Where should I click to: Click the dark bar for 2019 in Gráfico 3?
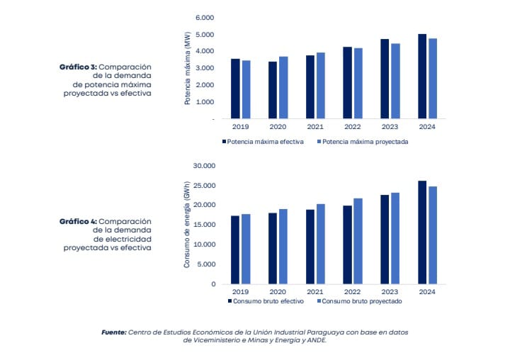coord(235,89)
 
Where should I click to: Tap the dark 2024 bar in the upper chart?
coord(421,76)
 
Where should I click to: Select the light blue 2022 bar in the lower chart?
coord(358,241)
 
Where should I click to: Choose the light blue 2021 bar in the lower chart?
coord(321,244)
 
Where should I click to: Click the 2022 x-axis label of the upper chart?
coord(352,128)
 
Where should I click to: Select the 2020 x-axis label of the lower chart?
coord(278,292)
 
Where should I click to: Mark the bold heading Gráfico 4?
coord(78,221)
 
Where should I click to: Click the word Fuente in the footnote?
coord(113,332)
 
